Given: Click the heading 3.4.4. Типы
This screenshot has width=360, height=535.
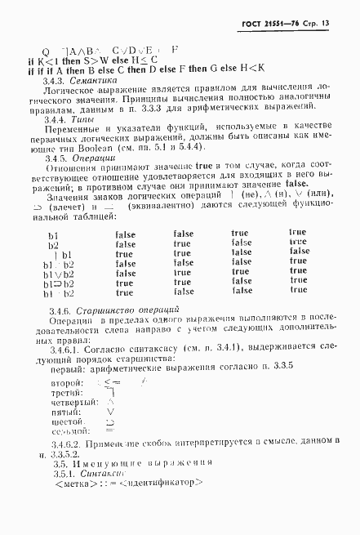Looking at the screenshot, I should click(x=66, y=120).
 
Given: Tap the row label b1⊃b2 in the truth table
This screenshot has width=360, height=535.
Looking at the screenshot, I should click(x=59, y=282).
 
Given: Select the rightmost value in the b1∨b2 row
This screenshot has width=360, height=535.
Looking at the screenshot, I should click(x=299, y=272).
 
